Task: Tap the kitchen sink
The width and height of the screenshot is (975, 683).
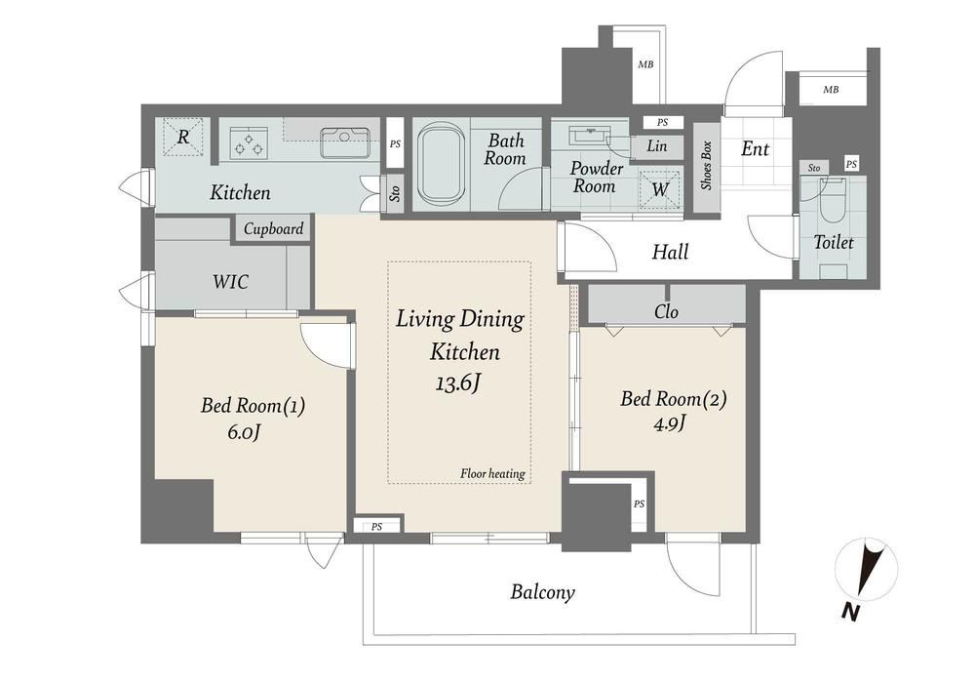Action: (345, 143)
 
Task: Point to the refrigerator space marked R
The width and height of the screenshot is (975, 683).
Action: (183, 137)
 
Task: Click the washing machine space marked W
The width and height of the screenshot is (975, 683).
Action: (660, 188)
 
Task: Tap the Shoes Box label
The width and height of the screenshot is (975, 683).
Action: (706, 166)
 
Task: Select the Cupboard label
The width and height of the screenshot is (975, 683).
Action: (274, 229)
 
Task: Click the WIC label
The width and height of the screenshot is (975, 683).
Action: (231, 282)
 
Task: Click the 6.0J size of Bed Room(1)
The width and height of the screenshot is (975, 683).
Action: (243, 431)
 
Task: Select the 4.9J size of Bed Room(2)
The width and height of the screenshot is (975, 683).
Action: (670, 423)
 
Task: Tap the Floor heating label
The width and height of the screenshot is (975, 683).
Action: (492, 474)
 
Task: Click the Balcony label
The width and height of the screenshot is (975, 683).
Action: (542, 591)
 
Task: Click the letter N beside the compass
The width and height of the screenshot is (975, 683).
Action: (850, 613)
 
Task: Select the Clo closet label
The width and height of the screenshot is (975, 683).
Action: (666, 311)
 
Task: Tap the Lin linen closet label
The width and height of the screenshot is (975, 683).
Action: (656, 146)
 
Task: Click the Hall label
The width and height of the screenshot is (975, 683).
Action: (671, 252)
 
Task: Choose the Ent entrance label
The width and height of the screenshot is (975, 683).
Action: (755, 149)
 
